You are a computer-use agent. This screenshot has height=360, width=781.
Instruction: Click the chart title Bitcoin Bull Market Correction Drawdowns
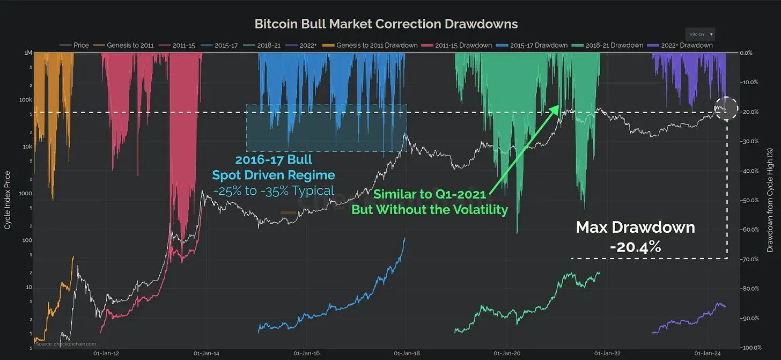pos(386,24)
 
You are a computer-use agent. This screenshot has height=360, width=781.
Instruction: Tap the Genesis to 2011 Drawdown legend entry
pos(377,45)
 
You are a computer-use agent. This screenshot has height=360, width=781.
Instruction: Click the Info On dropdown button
pos(700,34)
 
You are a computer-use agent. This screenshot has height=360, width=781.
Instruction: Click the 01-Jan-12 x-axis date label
pos(106,354)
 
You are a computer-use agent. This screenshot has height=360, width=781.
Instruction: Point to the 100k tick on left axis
pos(25,100)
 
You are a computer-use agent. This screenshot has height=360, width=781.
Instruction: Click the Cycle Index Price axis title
pos(8,200)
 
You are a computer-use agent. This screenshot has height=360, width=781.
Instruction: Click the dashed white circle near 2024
pos(727,108)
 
